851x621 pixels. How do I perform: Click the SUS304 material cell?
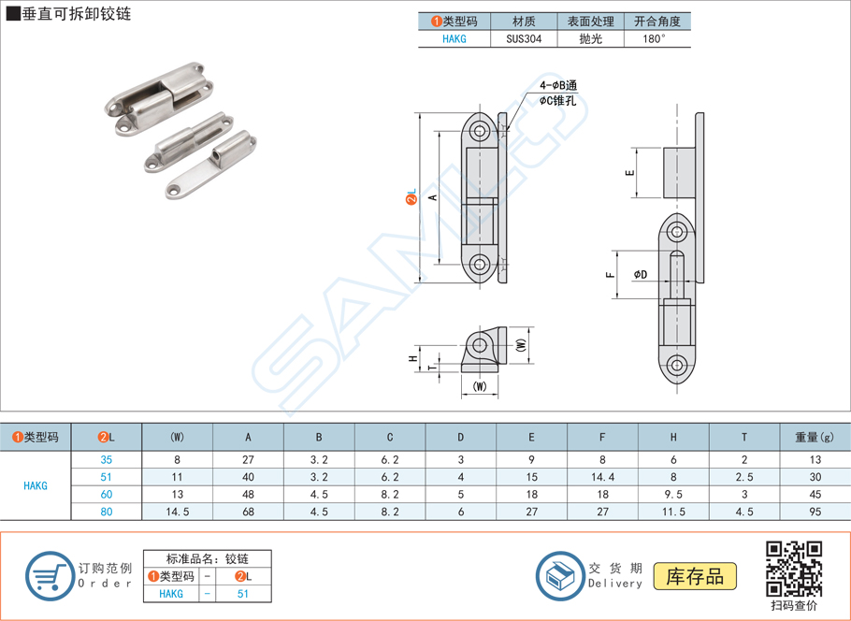tap(524, 39)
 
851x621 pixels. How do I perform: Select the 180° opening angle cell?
tap(656, 39)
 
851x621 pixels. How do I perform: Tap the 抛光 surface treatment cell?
tap(590, 39)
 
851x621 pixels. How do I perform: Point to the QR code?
tap(794, 569)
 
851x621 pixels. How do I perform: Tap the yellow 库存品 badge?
tap(695, 576)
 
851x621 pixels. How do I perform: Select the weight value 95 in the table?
tap(815, 512)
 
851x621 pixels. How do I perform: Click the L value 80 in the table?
tap(107, 512)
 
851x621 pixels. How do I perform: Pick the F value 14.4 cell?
tap(602, 477)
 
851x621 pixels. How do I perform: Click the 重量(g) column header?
tap(815, 437)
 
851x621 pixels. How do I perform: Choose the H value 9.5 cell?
tap(673, 494)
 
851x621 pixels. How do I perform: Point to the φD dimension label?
tap(641, 274)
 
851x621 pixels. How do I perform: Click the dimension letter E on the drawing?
tap(630, 173)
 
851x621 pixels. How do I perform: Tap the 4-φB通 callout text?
tap(559, 86)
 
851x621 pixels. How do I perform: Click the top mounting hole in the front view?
tap(481, 131)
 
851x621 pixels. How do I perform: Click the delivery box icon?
tap(560, 574)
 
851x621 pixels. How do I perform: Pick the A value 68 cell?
tap(248, 512)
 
